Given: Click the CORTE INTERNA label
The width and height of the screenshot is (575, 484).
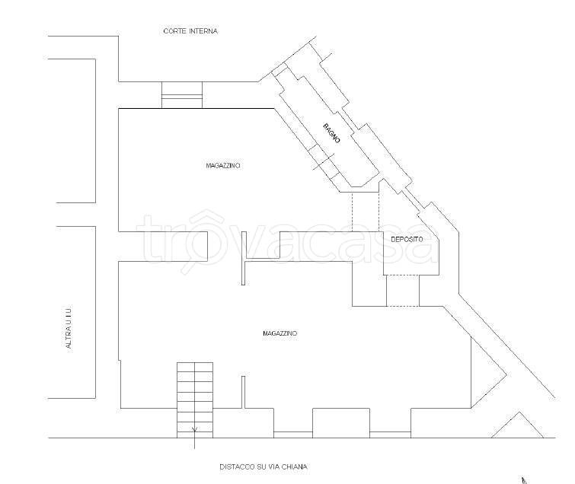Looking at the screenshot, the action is pos(190,31).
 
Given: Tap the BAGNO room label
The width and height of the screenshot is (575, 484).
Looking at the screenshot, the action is pos(331,133).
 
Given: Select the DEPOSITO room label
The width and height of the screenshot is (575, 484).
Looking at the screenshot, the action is pos(407,239).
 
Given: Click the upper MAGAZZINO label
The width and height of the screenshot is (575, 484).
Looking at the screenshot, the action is pos(223,166).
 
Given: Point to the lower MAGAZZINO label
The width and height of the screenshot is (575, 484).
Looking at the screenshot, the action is pos(280,333).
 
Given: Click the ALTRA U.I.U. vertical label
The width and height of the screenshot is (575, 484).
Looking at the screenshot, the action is pos(69,326).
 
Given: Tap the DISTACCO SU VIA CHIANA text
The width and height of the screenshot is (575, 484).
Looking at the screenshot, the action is pos(264,466).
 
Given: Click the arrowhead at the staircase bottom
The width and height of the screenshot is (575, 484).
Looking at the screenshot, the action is pos(194,429).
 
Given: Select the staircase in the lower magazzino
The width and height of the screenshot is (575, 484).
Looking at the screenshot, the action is pos(195,400).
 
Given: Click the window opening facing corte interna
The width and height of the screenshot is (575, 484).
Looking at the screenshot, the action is pos(182,95).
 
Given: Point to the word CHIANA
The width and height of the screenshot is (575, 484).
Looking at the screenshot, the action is pos(295,466).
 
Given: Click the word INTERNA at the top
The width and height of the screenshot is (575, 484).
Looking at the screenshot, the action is pos(203,31).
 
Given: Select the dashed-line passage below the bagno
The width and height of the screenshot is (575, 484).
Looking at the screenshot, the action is pos(366,212).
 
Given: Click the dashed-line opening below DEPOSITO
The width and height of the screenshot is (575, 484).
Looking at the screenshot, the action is pos(403,291).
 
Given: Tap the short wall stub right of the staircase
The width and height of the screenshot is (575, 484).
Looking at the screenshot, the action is pos(243,392).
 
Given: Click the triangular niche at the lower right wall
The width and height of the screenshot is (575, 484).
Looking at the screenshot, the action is pos(488,372).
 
